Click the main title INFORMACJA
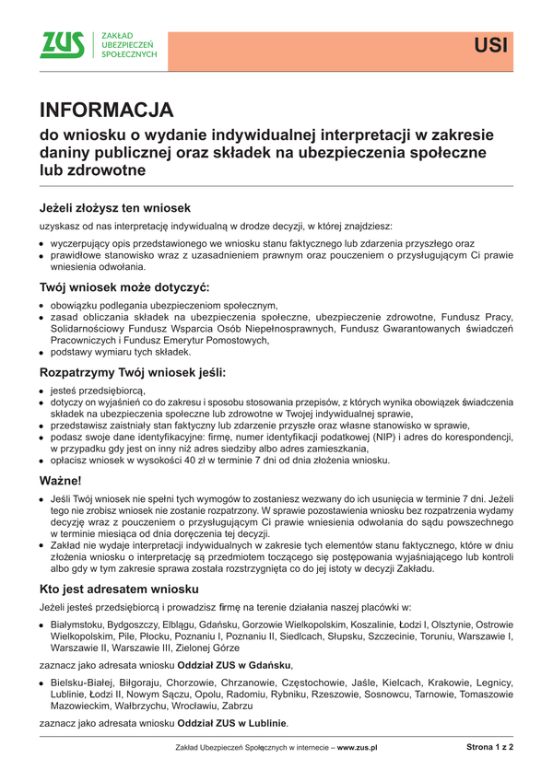(x=106, y=111)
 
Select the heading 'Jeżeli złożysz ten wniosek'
(x=114, y=207)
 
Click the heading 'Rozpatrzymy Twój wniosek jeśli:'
(x=133, y=373)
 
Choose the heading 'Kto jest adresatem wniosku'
(x=118, y=588)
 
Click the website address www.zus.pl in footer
(x=357, y=749)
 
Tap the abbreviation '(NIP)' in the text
(x=362, y=438)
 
